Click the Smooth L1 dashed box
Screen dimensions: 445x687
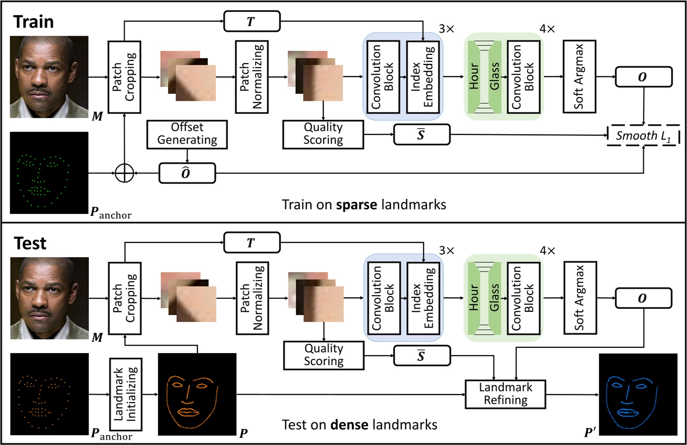(643, 136)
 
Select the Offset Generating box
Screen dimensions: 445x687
(187, 134)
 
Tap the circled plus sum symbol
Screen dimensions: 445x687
(124, 173)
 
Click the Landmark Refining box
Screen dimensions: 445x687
(505, 394)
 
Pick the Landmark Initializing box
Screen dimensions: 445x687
(126, 394)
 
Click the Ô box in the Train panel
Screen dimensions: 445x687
(187, 173)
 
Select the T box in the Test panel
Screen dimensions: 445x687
(252, 243)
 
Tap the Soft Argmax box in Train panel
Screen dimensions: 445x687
(579, 76)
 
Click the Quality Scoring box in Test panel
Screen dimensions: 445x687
(324, 355)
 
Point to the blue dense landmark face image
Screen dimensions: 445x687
(638, 394)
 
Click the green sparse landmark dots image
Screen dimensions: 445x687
(49, 173)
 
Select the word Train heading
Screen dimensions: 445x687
(34, 22)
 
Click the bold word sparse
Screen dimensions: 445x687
(356, 205)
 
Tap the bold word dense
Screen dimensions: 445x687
(349, 425)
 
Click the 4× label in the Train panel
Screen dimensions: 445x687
(547, 29)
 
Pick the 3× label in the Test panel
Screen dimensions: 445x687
(447, 250)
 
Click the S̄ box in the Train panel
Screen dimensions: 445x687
(422, 135)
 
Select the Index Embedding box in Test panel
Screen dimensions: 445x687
(423, 298)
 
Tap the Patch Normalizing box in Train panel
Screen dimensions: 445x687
(251, 76)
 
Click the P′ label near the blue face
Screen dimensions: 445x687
(590, 432)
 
